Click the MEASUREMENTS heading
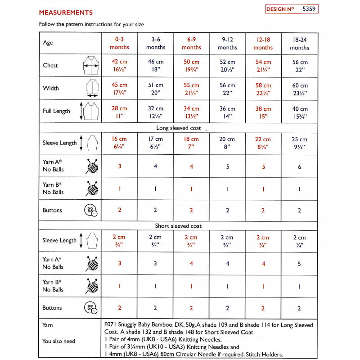[66, 13]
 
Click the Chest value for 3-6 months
[155, 66]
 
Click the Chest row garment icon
[91, 66]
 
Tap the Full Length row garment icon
[89, 111]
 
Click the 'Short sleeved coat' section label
[179, 225]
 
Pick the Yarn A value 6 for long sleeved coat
[299, 166]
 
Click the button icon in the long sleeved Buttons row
[91, 211]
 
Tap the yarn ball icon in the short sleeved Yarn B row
[91, 286]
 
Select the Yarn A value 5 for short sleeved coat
[299, 264]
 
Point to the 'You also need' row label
[59, 341]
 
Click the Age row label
[48, 43]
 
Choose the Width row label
[51, 88]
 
